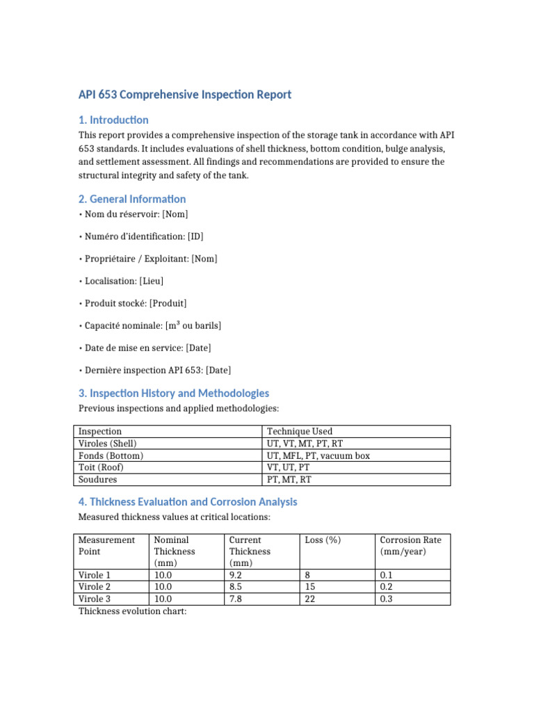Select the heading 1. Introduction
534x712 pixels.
(x=113, y=120)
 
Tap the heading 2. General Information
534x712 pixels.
(x=132, y=199)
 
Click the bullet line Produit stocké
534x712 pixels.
(x=133, y=303)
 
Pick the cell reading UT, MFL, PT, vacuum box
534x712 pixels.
(x=318, y=455)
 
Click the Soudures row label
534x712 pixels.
(x=98, y=479)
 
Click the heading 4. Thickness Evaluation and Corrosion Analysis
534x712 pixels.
(x=188, y=501)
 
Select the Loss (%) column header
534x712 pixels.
(x=323, y=540)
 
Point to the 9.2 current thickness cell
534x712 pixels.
(x=237, y=575)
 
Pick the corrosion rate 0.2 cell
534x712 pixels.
(x=387, y=587)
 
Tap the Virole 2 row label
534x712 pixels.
(x=95, y=587)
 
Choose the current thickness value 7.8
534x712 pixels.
(x=237, y=599)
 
